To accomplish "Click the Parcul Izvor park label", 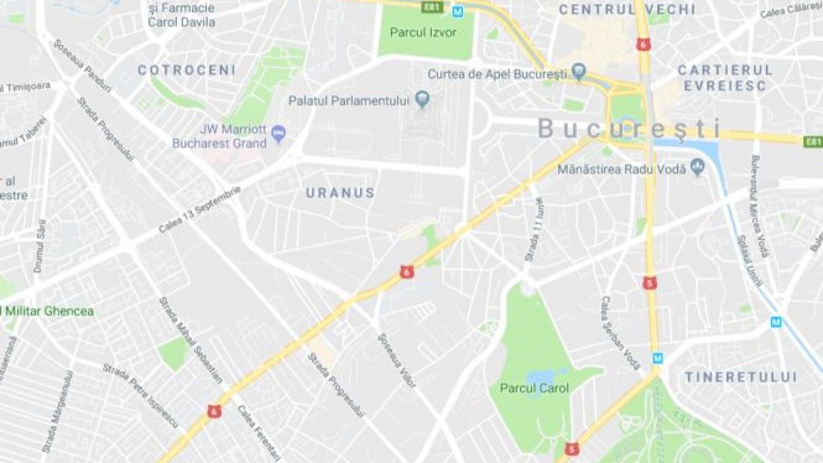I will point(422,32).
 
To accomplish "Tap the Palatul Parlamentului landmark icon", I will point(422,101).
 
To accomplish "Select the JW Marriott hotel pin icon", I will point(278,133).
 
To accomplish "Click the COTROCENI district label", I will point(187,70).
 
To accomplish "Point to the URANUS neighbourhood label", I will point(341,193).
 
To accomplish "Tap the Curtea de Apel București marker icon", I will point(579,72).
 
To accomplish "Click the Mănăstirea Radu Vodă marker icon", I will point(697,167).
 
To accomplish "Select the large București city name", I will point(630,129).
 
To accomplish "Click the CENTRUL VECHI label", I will point(627,10).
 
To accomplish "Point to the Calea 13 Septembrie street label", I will point(200,209).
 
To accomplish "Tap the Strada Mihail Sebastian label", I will point(191,340).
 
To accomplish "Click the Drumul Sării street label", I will point(40,246).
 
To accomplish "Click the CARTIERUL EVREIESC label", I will point(725,78).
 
